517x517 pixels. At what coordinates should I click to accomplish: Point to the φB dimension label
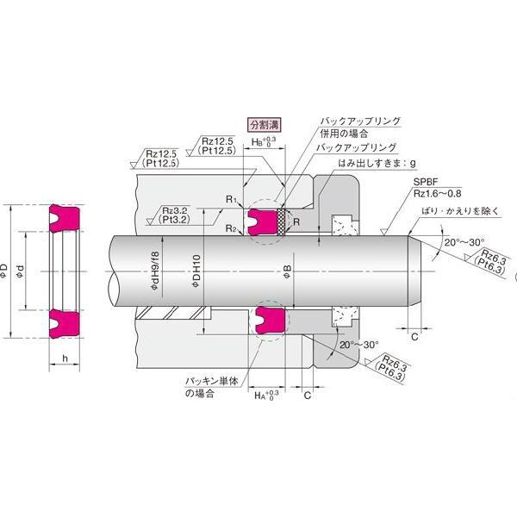coord(286,274)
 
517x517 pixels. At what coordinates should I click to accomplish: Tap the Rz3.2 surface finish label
coord(178,210)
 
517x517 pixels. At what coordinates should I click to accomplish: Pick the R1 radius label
coord(230,199)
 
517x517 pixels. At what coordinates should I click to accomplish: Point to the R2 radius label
coord(230,227)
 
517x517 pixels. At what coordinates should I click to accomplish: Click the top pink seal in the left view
coord(65,216)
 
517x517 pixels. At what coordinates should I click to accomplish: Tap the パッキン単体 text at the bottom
coord(213,380)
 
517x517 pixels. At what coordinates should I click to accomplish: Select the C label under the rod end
coord(414,336)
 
